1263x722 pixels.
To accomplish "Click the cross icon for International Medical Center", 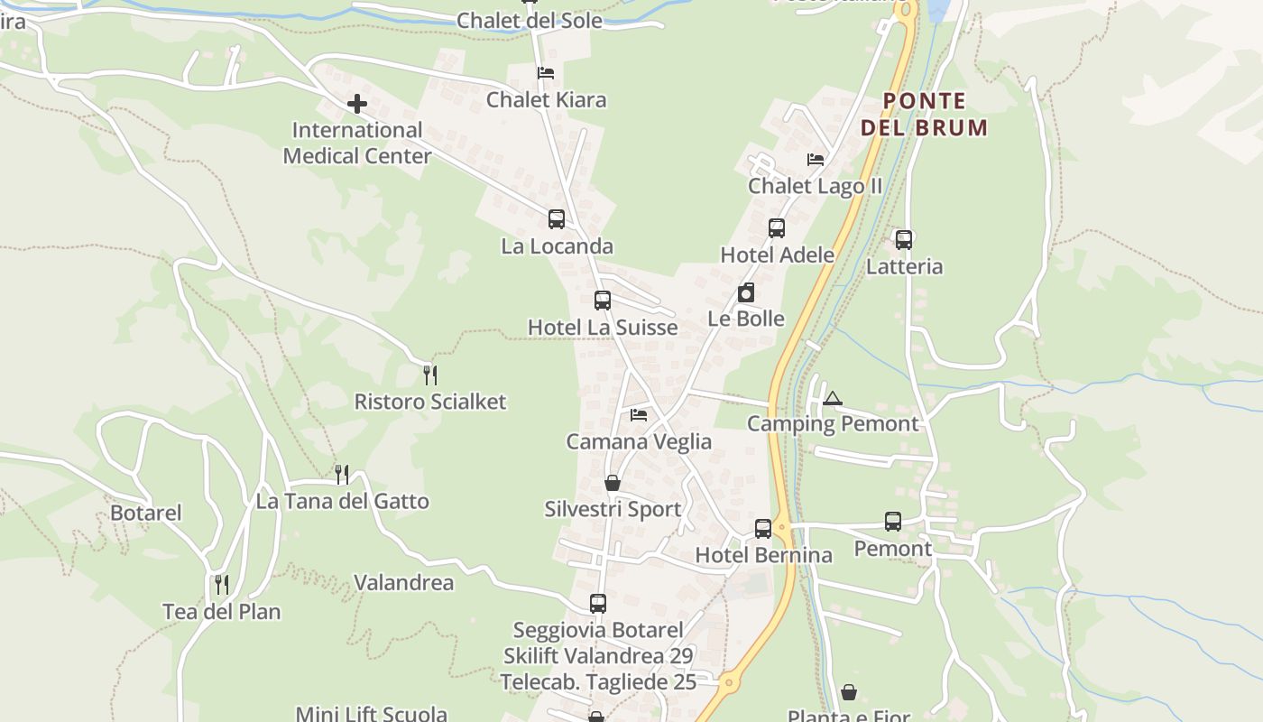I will click(x=357, y=104).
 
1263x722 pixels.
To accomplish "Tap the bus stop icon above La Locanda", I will click(x=557, y=219).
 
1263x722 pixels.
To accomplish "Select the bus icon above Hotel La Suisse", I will click(x=603, y=301).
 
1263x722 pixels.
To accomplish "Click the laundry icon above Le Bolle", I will click(x=746, y=292).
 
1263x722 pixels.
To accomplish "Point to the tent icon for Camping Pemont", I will click(x=832, y=398).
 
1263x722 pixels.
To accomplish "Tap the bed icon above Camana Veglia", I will click(x=639, y=415).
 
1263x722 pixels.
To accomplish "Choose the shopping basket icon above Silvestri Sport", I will click(x=613, y=483).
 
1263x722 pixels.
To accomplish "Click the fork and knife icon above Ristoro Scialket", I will click(x=430, y=375).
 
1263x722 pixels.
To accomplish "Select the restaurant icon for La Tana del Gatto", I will click(x=342, y=474).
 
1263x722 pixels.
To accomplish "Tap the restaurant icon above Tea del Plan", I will click(x=222, y=585).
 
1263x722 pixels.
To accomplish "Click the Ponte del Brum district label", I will click(x=924, y=114).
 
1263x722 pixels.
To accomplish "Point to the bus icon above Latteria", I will click(x=904, y=240).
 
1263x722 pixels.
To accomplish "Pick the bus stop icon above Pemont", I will click(x=893, y=522).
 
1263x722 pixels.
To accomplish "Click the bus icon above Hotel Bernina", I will click(x=763, y=529).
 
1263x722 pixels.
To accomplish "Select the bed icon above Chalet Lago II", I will click(x=816, y=160).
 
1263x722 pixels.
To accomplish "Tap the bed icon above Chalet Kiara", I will click(x=546, y=73).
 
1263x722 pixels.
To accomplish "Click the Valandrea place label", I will click(x=403, y=583).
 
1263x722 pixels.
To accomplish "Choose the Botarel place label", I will click(x=146, y=514).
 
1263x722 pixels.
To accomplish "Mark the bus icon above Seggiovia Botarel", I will click(x=598, y=604).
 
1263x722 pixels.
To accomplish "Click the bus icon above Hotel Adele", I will click(x=777, y=228).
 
